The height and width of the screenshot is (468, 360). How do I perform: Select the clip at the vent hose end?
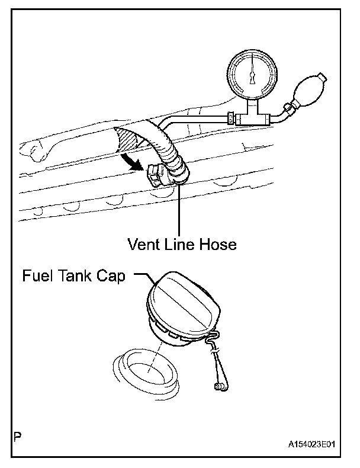point(155,175)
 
